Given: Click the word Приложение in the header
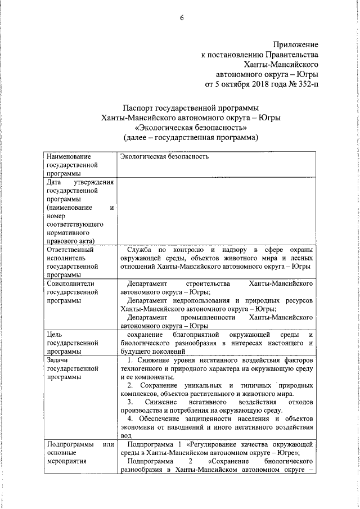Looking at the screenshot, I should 296,44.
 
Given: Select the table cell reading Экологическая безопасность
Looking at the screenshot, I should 164,156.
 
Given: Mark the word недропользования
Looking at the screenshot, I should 199,301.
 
